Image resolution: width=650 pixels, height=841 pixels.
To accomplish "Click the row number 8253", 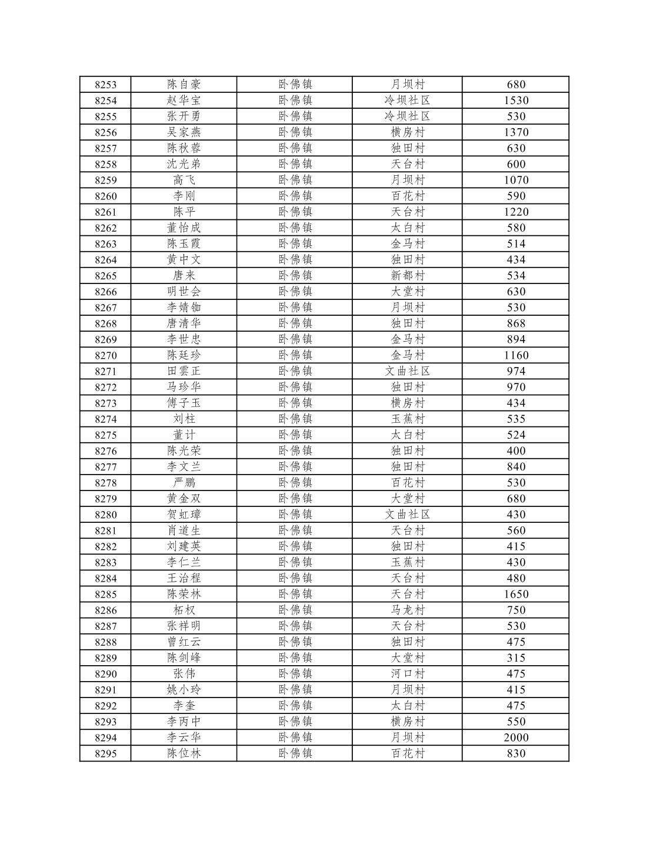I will tap(105, 85).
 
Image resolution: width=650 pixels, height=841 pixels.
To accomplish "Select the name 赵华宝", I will tap(184, 101).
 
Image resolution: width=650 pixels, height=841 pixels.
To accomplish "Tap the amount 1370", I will tap(516, 132).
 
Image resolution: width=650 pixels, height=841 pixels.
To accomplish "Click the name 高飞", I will tap(184, 180).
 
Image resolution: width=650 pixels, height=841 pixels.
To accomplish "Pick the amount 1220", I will tap(516, 212).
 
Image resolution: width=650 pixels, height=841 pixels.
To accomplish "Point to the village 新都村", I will tap(407, 275).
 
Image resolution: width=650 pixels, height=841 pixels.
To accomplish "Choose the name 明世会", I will tap(184, 291).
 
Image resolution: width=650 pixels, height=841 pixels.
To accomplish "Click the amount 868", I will tap(516, 323).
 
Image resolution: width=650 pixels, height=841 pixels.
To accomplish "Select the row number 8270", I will tap(105, 355).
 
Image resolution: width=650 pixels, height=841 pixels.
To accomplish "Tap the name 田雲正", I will tap(184, 371).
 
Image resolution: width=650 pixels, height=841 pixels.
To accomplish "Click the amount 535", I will tap(516, 419).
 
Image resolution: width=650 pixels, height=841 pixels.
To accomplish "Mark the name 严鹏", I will tap(184, 483).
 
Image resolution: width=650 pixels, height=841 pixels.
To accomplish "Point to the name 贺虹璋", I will tap(184, 515).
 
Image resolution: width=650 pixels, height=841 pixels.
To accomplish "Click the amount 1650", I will tap(516, 594).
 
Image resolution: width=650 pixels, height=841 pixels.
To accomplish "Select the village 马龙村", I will tap(407, 610).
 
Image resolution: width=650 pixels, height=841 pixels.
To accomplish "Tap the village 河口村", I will tap(407, 673).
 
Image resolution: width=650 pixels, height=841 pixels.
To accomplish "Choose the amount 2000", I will tap(516, 737).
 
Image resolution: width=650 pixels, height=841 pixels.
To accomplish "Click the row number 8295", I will tap(105, 753).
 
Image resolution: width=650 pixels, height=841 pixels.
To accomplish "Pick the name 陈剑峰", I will tap(184, 658).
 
